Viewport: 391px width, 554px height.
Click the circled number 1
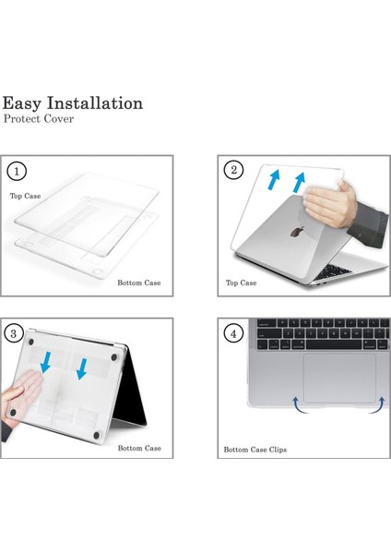(16, 171)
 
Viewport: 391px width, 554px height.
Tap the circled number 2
(234, 170)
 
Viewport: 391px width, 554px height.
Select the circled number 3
(16, 333)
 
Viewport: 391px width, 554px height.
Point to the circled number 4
(234, 333)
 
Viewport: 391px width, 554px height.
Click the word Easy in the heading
(26, 102)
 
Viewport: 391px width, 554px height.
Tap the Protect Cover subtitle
(39, 120)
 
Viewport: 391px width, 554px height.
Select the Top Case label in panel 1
(27, 196)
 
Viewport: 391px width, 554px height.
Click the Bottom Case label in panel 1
(138, 283)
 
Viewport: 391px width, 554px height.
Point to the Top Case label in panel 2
(242, 283)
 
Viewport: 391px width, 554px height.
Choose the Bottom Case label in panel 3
(139, 448)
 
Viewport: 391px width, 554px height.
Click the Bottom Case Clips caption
(255, 450)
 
